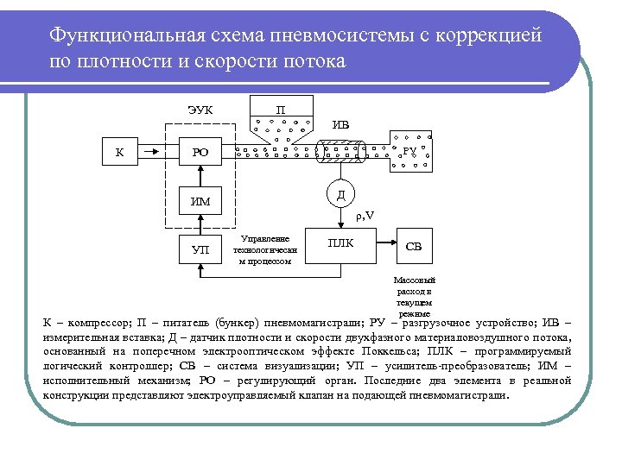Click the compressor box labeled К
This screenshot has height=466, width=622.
[x=119, y=153]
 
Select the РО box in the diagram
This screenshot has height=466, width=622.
[x=200, y=153]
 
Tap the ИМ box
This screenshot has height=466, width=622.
[x=200, y=203]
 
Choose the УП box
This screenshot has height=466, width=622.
[x=200, y=250]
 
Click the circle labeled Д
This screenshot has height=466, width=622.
[x=340, y=194]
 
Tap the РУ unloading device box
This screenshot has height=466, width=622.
[x=409, y=150]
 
